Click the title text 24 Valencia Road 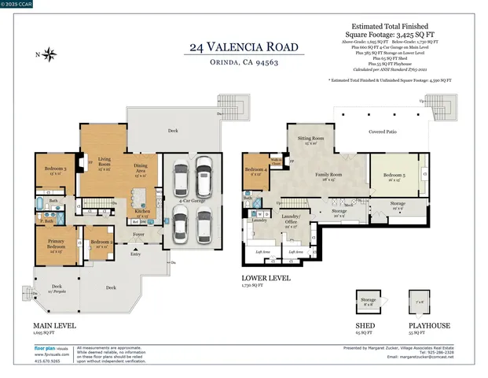point(244,48)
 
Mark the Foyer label point(138,235)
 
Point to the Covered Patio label point(382,133)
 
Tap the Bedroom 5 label point(393,176)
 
